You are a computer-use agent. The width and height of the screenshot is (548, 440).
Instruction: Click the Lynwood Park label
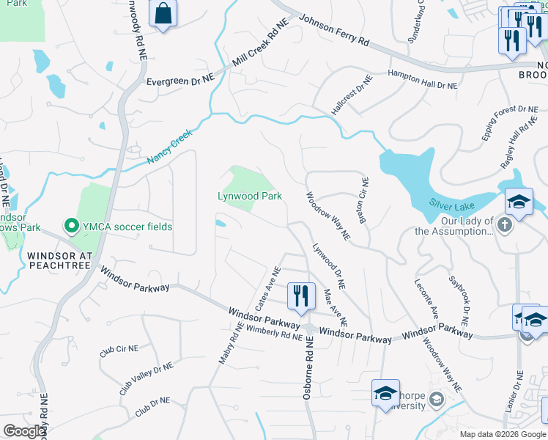(x=250, y=196)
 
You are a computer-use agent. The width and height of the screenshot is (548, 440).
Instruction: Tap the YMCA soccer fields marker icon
(x=72, y=227)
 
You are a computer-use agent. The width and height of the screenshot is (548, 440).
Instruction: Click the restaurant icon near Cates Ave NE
(x=301, y=296)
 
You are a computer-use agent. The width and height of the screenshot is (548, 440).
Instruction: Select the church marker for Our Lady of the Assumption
(x=504, y=224)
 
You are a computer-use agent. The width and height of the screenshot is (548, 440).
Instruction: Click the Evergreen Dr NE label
(x=179, y=82)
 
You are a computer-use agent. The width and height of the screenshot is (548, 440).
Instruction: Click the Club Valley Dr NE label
(x=147, y=378)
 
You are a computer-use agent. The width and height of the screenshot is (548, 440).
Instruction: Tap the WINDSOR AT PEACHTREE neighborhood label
(x=61, y=260)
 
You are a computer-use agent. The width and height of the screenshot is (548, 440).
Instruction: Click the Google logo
(x=24, y=431)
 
